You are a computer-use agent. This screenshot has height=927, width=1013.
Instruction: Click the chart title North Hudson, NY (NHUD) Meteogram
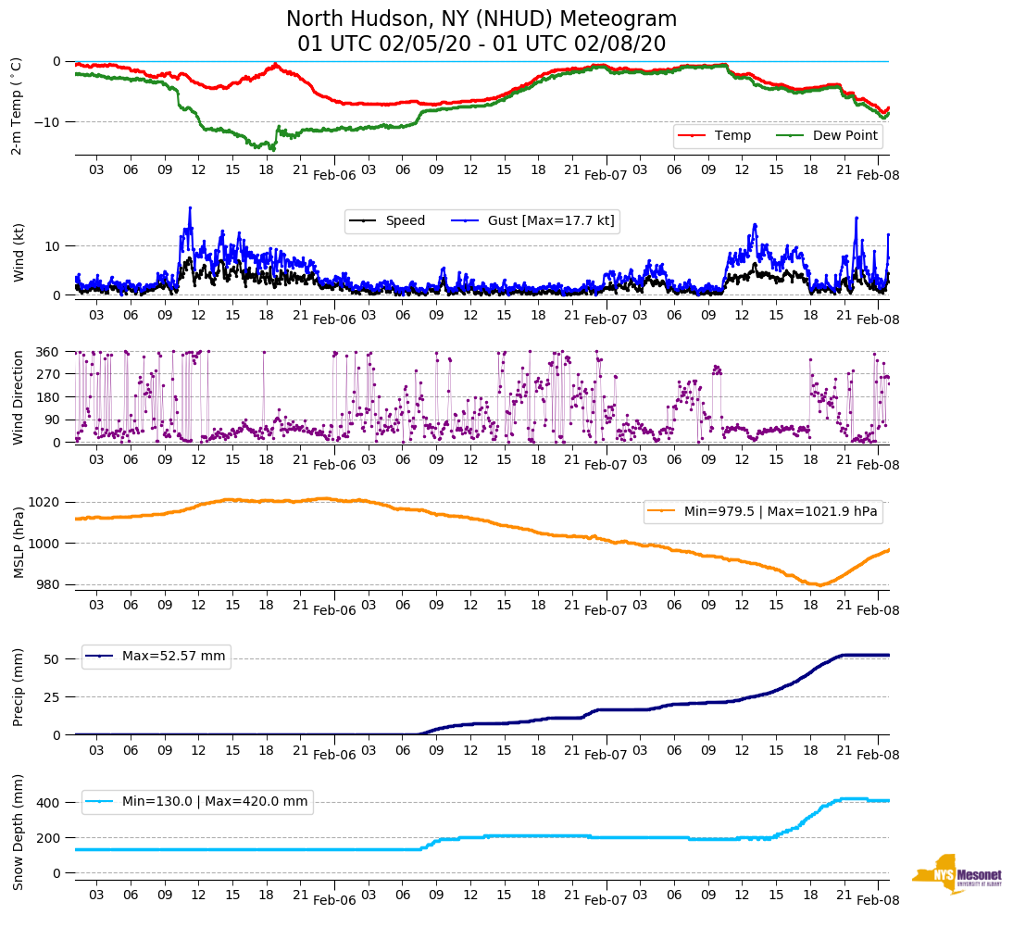(481, 19)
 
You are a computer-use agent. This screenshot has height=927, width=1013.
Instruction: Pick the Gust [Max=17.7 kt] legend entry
(551, 220)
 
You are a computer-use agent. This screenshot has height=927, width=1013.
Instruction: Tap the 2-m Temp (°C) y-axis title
(16, 106)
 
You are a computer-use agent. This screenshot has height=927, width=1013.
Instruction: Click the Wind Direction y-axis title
(19, 397)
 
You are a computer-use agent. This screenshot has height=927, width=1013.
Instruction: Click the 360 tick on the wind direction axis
(49, 352)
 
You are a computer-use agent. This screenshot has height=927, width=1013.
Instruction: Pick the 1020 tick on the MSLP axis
(45, 503)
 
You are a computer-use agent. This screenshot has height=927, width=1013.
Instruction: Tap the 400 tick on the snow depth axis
(49, 802)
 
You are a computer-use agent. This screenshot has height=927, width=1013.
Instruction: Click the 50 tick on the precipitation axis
(53, 659)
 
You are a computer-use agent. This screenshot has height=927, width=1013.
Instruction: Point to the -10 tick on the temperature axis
(49, 122)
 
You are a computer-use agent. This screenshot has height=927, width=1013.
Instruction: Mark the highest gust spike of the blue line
(190, 207)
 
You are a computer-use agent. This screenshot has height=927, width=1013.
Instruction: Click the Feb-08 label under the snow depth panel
(877, 899)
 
